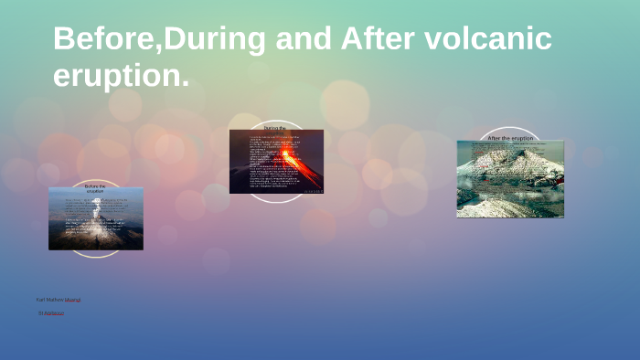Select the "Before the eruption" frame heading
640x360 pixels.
95,189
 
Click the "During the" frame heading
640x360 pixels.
275,129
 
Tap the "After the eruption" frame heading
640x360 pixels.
510,138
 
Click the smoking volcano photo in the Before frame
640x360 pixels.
95,224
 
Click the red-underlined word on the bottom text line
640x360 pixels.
54,312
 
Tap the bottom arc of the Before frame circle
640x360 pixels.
95,256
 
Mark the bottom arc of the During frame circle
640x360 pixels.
275,199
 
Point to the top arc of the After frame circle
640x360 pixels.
510,128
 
